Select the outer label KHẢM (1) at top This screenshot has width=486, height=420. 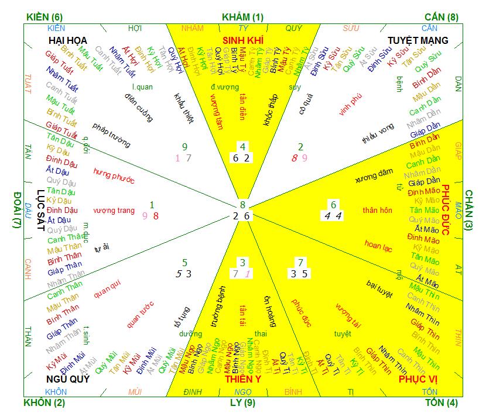coord(242,17)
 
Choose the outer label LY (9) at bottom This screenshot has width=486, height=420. coord(242,403)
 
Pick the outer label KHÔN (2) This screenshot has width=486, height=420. coord(45,403)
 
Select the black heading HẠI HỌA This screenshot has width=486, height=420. coord(68,40)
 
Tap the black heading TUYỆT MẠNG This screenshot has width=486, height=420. coord(418,40)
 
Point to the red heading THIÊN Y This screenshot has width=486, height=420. coord(242,380)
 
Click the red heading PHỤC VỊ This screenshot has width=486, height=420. coord(418,380)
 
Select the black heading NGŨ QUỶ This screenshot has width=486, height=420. coord(68,380)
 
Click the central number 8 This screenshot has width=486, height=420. coord(242,205)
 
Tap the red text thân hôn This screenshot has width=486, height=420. coord(377,210)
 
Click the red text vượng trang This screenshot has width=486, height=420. coord(114,211)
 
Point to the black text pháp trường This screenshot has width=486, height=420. coord(111,135)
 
